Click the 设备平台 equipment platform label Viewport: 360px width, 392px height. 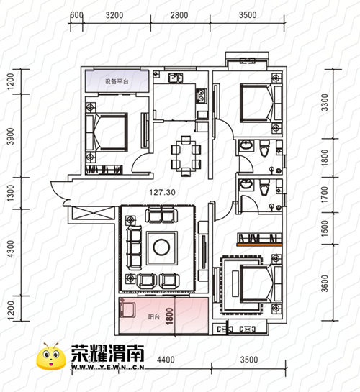tap(117, 81)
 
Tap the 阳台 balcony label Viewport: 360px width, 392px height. tap(154, 317)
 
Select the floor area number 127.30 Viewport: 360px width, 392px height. tap(162, 192)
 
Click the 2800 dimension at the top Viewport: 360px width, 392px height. tap(179, 15)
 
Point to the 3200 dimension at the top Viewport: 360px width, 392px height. tap(114, 15)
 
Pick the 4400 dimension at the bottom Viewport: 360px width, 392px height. tap(166, 360)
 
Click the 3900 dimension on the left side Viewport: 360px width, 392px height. tap(11, 136)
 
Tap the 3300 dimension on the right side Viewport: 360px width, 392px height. tap(325, 102)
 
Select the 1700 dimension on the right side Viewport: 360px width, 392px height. tap(325, 195)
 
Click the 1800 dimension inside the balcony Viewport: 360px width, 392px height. tap(169, 316)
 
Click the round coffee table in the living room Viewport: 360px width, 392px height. tap(161, 247)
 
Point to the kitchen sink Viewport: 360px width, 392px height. tap(176, 78)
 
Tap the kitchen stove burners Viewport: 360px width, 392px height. tap(202, 96)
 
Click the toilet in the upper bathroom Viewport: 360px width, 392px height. tap(264, 148)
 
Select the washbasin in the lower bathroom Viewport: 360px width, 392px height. tap(246, 185)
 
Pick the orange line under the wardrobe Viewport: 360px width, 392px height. tap(260, 245)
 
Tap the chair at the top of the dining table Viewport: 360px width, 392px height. tap(186, 140)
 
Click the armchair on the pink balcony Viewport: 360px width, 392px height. tap(127, 309)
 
